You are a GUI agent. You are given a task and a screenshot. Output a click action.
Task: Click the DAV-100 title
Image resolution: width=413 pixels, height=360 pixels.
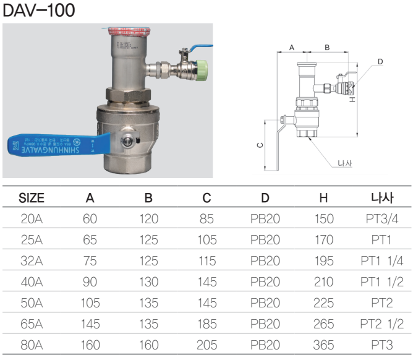39,11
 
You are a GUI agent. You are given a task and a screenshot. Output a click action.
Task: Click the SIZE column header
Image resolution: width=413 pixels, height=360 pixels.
32,198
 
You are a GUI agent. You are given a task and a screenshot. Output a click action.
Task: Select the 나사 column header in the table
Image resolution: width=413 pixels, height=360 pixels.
382,198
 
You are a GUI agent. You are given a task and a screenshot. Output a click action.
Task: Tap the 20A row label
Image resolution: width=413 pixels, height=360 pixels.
32,219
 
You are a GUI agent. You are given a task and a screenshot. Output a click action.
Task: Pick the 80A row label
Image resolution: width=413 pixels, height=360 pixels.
32,345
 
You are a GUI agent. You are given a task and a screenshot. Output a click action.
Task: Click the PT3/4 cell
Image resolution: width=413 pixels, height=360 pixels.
382,219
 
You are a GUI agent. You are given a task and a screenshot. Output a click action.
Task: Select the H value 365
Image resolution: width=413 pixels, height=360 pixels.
323,345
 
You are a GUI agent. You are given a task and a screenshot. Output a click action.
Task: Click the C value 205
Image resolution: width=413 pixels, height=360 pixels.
206,345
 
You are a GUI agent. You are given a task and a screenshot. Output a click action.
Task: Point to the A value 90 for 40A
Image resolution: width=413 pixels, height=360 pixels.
90,282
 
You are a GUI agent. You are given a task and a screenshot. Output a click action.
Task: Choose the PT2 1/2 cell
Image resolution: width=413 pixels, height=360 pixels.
382,324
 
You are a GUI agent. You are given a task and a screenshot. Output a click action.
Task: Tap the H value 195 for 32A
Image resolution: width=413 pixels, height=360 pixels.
323,261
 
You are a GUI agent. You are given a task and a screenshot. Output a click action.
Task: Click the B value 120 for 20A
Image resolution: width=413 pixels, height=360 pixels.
148,219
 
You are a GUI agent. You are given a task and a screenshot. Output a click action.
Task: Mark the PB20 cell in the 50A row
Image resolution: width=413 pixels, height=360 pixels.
265,303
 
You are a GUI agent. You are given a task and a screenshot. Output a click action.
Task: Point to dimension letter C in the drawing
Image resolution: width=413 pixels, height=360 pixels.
260,145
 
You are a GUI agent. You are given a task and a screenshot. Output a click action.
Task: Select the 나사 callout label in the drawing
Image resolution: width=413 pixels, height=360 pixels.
345,164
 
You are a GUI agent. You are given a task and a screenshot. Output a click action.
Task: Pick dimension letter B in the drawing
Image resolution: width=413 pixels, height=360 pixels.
327,47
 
